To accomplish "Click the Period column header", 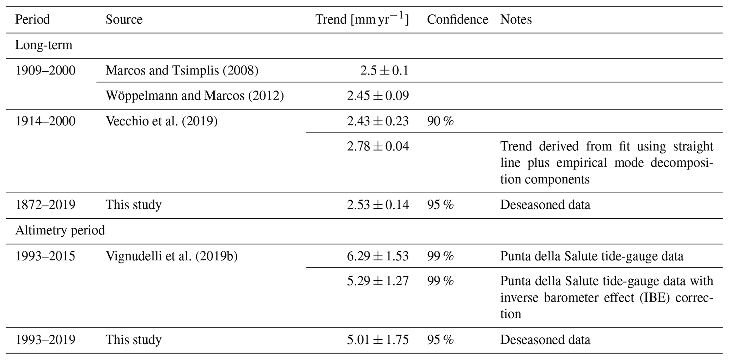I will [32, 19].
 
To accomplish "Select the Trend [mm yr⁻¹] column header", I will [362, 19].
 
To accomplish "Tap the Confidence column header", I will [457, 19].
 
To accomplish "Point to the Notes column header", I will [516, 19].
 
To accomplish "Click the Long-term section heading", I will [43, 45].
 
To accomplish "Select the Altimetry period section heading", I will [60, 231].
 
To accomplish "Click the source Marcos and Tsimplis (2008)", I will [182, 71].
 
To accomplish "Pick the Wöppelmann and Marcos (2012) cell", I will [194, 96].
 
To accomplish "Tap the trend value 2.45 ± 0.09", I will [377, 96].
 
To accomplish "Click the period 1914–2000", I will [45, 121].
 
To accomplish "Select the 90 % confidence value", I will [440, 121].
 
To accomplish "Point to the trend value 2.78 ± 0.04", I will [377, 146].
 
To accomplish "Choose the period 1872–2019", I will [45, 205].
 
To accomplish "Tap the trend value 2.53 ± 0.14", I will [377, 205].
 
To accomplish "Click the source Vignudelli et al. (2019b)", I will [171, 256].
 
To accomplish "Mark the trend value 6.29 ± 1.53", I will [377, 256].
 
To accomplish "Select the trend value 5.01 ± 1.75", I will [377, 340].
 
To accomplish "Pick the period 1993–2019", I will [45, 340].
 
